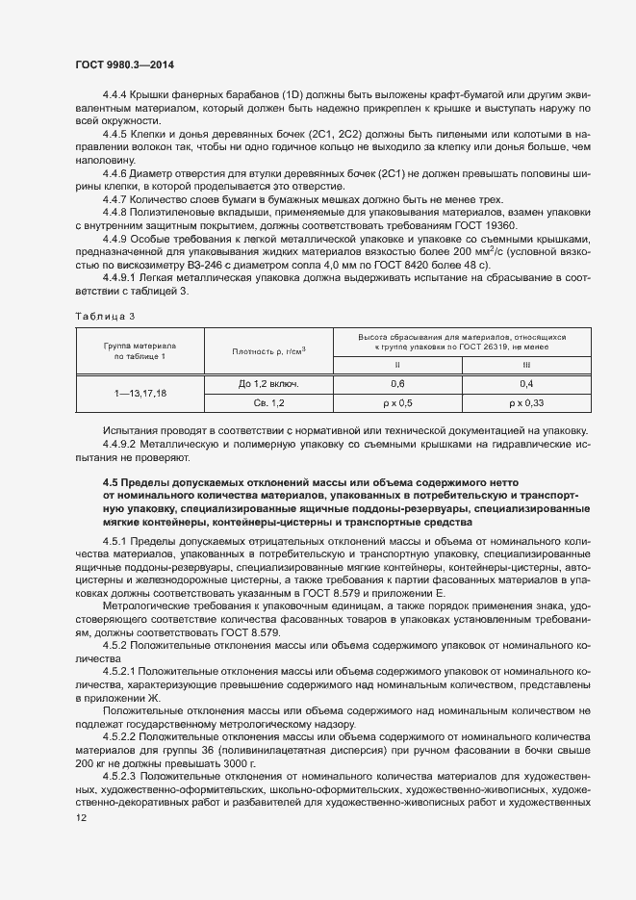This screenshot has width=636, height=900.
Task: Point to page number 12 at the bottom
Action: [x=81, y=818]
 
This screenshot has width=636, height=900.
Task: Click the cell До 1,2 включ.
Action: [x=268, y=383]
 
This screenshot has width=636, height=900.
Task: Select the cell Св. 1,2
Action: [x=268, y=402]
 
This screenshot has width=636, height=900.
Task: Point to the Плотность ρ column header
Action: [x=268, y=350]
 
